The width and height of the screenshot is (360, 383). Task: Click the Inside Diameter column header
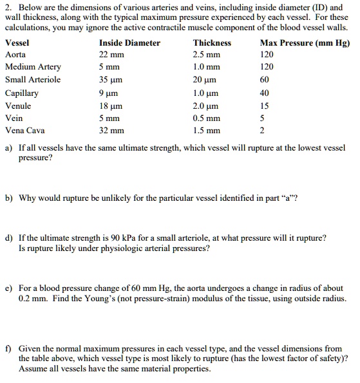click(x=129, y=43)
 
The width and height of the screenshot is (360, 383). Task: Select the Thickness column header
click(x=212, y=43)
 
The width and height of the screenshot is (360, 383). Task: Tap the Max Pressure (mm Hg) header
click(x=305, y=43)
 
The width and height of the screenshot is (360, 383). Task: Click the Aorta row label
click(x=15, y=55)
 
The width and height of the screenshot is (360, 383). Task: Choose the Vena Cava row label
click(x=24, y=131)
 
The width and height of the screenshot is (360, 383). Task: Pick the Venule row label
click(x=18, y=106)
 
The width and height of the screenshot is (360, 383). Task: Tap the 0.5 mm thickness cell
click(x=207, y=118)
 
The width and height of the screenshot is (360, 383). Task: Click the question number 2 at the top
click(x=8, y=6)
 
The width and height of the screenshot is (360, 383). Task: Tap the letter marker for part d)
click(x=8, y=238)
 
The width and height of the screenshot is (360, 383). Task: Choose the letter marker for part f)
click(x=8, y=348)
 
